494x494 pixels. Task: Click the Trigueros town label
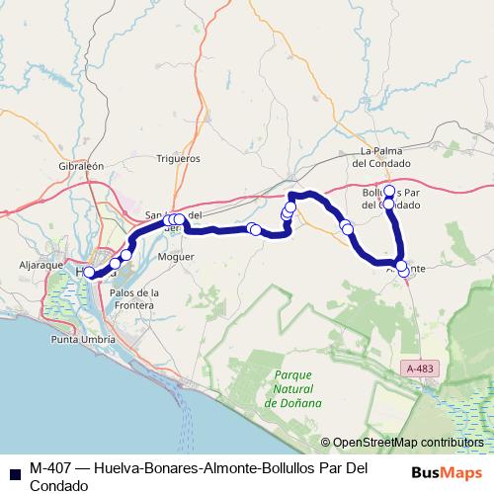pyautogui.click(x=179, y=158)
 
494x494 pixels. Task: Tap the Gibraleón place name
pyautogui.click(x=81, y=168)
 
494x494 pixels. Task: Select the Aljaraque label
pyautogui.click(x=41, y=266)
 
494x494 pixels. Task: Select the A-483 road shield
pyautogui.click(x=419, y=368)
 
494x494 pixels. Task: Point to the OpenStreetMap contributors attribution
pyautogui.click(x=408, y=443)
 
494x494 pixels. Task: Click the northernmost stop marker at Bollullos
pyautogui.click(x=389, y=191)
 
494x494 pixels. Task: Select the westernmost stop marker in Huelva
pyautogui.click(x=89, y=273)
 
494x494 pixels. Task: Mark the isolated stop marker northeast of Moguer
pyautogui.click(x=255, y=230)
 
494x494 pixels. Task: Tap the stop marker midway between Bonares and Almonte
pyautogui.click(x=346, y=227)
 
